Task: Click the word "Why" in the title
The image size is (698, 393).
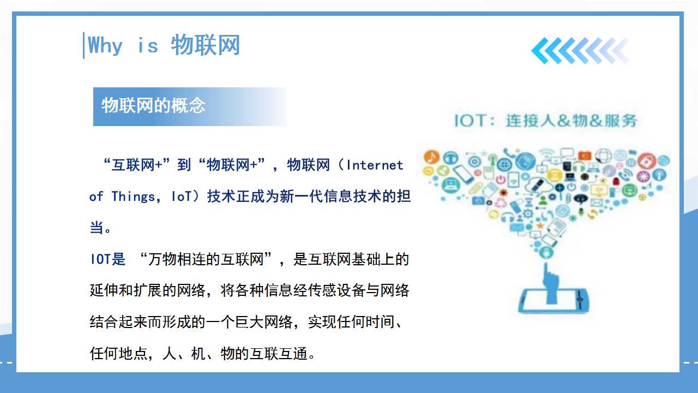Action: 105,45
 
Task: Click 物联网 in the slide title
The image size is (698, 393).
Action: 206,45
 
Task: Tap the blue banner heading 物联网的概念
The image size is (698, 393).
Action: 153,105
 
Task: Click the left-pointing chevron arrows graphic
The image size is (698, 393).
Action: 580,51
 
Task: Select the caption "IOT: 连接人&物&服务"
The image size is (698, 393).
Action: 545,121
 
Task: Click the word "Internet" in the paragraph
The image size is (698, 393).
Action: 375,165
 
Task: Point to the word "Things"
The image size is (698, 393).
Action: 133,197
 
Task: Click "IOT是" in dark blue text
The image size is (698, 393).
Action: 108,259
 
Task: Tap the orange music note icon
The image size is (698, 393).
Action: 431,157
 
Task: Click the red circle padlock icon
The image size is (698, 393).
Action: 647,161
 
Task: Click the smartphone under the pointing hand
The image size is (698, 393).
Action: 553,301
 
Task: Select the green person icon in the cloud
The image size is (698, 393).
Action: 543,200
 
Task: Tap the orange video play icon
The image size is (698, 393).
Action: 585,156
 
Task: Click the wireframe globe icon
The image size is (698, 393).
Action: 604,156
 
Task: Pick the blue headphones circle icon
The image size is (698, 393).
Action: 450,158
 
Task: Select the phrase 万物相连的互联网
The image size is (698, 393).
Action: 206,259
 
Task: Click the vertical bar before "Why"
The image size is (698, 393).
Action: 83,45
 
